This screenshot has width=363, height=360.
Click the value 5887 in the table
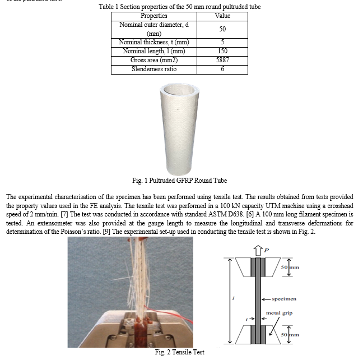223,60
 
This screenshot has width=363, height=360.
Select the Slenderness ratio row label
146,69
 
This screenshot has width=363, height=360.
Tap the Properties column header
146,16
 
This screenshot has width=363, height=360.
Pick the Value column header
223,16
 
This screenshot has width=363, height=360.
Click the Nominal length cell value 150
223,51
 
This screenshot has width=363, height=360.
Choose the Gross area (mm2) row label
146,60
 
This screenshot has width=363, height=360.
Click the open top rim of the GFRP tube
180,89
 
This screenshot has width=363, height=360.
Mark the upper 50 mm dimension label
292,267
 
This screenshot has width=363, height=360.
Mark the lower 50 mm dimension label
292,335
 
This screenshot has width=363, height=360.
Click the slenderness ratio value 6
223,69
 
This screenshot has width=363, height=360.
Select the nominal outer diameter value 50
223,29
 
